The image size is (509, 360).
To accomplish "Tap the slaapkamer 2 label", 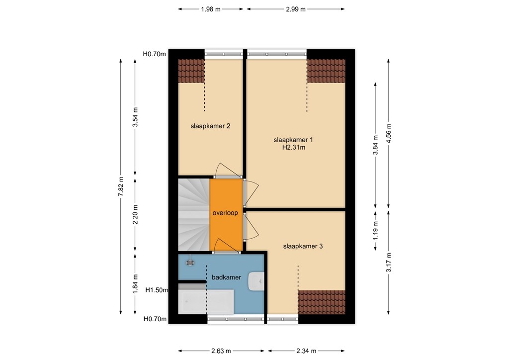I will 210,126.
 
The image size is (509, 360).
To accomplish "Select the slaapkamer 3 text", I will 303,246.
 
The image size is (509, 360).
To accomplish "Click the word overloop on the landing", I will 225,213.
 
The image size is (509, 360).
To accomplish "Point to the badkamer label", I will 227,277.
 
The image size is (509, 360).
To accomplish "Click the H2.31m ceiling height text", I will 293,147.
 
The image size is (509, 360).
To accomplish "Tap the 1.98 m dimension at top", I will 211,9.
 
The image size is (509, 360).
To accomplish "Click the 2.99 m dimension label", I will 295,9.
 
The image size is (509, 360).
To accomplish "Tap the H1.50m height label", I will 156,290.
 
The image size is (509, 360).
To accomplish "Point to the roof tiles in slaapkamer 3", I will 321,302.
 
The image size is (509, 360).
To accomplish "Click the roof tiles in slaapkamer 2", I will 191,71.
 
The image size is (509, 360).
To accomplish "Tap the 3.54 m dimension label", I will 135,117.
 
